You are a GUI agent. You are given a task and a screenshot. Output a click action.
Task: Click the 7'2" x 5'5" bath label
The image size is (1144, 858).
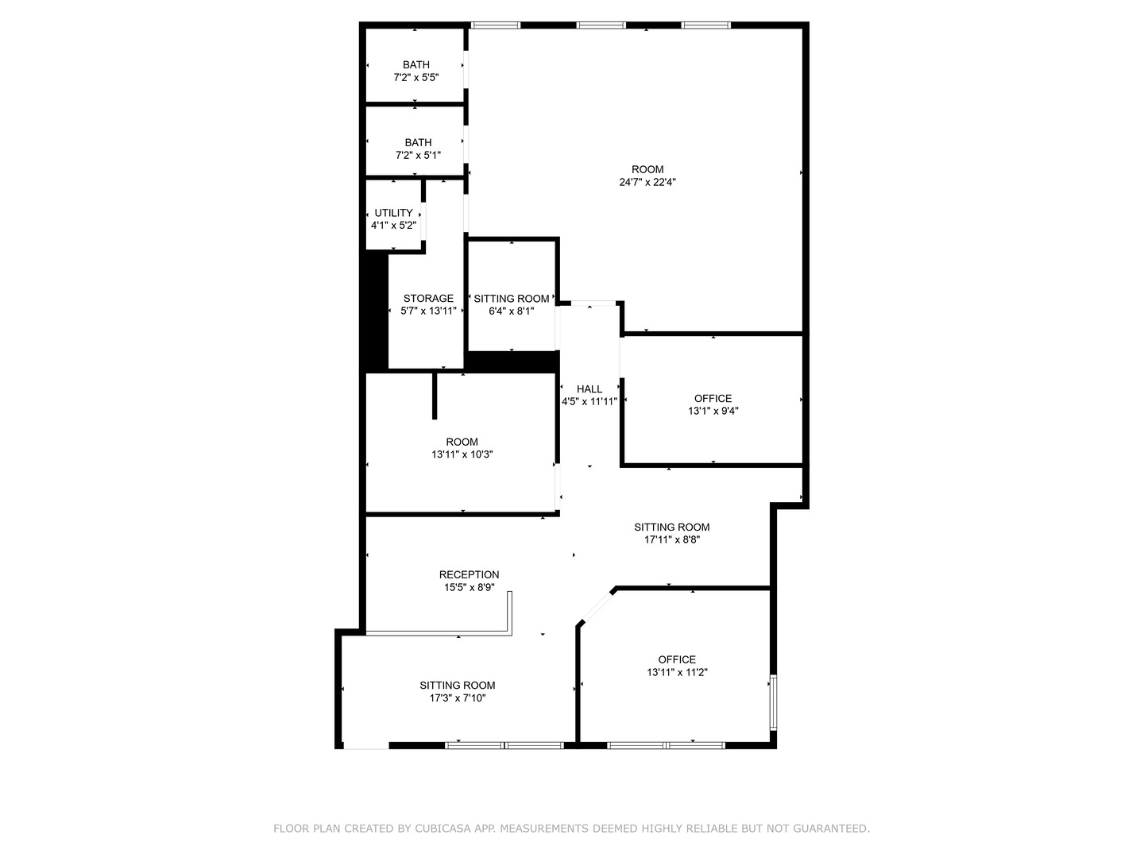[415, 71]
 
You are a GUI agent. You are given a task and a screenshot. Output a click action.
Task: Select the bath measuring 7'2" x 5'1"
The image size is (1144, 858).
[418, 149]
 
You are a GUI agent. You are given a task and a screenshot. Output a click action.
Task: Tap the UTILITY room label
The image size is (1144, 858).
[393, 218]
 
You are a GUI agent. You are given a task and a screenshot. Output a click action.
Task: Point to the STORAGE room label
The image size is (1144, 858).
[428, 304]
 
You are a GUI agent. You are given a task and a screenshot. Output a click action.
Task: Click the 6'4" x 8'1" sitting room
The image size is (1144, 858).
[511, 304]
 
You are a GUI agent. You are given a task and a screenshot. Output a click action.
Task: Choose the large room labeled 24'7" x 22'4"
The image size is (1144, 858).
[647, 175]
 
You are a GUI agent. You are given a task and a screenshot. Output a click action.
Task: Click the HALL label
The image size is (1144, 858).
[589, 395]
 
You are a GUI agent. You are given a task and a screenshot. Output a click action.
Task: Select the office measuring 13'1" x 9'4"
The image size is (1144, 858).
[713, 404]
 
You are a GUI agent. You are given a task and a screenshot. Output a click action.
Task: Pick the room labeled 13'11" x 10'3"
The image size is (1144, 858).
[462, 448]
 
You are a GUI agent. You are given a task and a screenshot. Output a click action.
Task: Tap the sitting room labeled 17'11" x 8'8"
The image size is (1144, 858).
[671, 533]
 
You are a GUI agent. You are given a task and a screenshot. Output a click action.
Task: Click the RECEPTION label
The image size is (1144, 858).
[469, 580]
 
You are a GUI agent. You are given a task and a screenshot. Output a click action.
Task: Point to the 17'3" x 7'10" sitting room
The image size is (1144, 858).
[458, 691]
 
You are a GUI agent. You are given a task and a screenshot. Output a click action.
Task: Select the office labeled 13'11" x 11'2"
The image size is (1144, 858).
[677, 666]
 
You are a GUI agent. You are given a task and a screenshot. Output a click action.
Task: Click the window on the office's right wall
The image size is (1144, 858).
[773, 702]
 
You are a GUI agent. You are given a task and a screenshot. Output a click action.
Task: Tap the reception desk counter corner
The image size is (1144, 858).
[510, 632]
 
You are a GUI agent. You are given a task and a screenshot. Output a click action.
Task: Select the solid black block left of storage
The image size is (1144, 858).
[374, 310]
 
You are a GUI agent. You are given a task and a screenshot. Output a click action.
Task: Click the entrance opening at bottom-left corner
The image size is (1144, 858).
[365, 746]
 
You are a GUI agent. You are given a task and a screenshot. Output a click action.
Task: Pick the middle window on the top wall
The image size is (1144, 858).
[601, 25]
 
